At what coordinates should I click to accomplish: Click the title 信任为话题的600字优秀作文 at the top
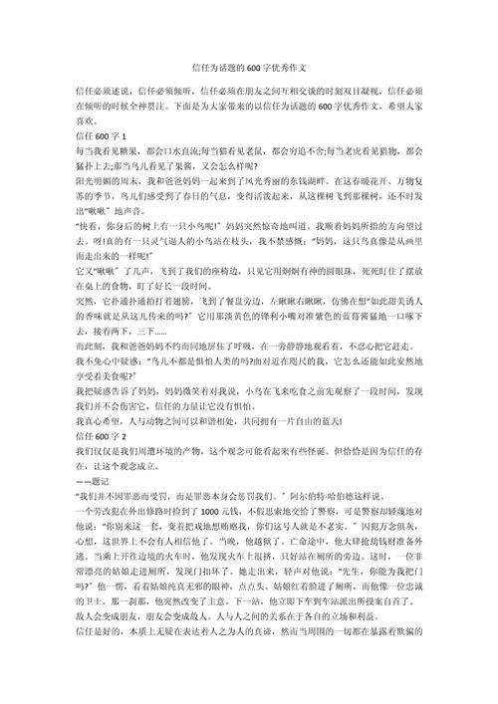click(x=249, y=38)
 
